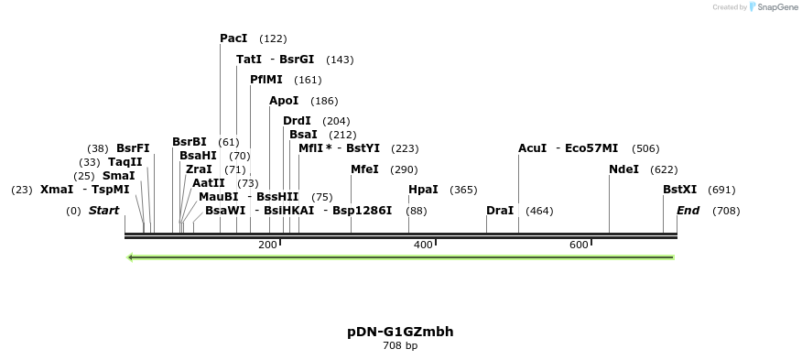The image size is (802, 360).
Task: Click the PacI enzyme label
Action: [233, 38]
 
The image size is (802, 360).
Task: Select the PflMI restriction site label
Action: [266, 80]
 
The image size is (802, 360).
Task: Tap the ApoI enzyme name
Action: [284, 101]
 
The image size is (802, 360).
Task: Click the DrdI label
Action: [297, 121]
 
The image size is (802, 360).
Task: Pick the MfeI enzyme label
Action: [364, 169]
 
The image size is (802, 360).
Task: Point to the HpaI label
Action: [423, 190]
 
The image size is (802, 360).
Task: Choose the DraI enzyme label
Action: [500, 211]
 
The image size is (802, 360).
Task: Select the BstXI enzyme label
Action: [680, 190]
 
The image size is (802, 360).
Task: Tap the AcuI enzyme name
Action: [532, 148]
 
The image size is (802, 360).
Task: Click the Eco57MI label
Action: [591, 148]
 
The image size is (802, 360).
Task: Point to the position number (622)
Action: [664, 169]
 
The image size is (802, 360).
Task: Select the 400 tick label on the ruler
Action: [423, 245]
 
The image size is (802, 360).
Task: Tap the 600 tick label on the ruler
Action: [579, 245]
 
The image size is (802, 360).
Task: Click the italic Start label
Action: [103, 211]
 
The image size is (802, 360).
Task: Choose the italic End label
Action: [688, 211]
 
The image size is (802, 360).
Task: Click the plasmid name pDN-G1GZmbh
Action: [400, 332]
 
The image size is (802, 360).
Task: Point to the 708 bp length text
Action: [400, 346]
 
